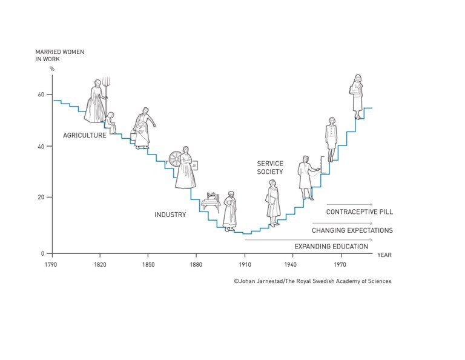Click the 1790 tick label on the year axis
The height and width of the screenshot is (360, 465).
coord(51,265)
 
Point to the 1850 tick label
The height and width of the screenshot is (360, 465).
coord(148,265)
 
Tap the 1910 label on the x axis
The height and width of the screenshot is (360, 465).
coord(245,265)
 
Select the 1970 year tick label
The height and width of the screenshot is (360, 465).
coord(340,265)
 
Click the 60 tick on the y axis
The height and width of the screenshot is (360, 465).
coord(42,95)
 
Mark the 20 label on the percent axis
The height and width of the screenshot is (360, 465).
coord(42,198)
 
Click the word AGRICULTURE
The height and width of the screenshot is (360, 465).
coord(85,135)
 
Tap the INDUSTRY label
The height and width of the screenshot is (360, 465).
coord(170,215)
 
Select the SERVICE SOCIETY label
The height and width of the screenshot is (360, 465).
coord(270,168)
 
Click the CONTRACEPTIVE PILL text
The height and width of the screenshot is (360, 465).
coord(360,212)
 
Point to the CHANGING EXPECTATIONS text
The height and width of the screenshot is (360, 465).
coord(352,230)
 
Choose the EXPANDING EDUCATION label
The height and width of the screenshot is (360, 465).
coord(331,247)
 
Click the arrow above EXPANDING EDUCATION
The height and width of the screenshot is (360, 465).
coord(309,240)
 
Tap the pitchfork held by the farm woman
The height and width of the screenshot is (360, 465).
coord(105,88)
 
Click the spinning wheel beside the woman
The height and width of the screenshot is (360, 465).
coord(175,159)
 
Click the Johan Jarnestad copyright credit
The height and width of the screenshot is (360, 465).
coord(312,281)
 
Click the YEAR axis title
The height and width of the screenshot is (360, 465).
coord(384,255)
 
